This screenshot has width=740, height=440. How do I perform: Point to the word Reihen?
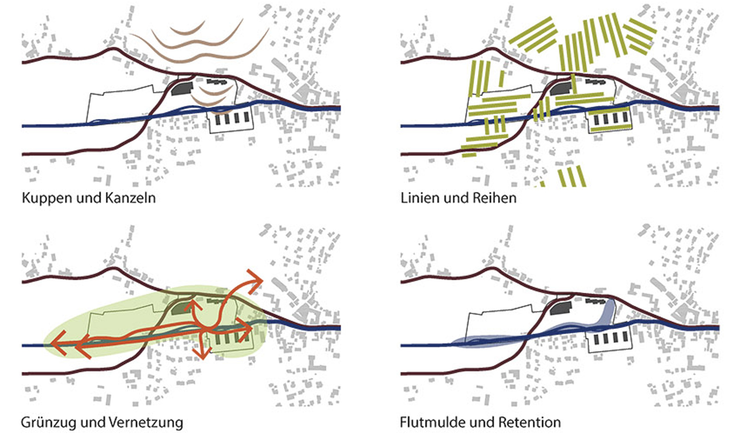494,198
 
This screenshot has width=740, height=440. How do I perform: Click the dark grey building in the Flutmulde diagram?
561,308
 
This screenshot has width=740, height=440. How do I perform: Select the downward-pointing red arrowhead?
202,354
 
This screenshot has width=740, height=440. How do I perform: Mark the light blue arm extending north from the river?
609,312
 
